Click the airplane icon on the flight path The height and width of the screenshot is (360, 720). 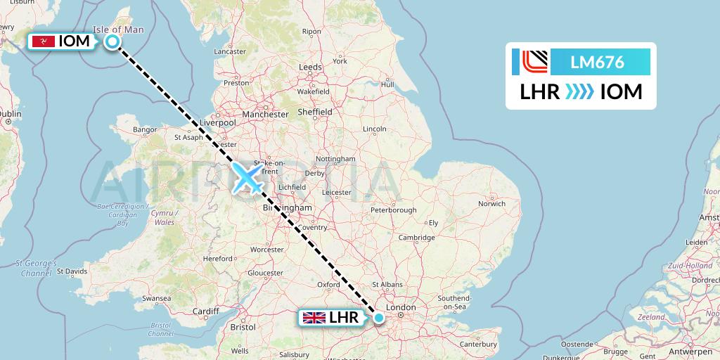coord(247,177)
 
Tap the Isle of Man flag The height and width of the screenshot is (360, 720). coord(44,41)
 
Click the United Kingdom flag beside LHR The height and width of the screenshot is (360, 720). coord(314,318)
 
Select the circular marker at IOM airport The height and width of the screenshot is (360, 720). coord(112,42)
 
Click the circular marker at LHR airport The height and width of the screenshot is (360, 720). coord(379,318)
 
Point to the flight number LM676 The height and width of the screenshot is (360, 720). coord(598,63)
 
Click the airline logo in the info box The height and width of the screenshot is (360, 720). coord(529,63)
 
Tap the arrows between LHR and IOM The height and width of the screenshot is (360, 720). coord(580,92)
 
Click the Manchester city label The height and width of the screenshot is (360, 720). coord(264,114)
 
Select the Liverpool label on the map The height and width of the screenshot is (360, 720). coord(217,122)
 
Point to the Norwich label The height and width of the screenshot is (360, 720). coord(491,204)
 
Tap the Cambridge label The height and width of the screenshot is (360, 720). coord(416,238)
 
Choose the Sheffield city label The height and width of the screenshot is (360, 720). coord(315,112)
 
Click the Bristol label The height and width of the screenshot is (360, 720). coord(243,327)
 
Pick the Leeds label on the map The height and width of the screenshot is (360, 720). coord(310,67)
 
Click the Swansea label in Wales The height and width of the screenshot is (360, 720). coord(156,298)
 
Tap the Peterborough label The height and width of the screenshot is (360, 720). coord(393,210)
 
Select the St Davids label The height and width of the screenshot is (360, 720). coord(72,270)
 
